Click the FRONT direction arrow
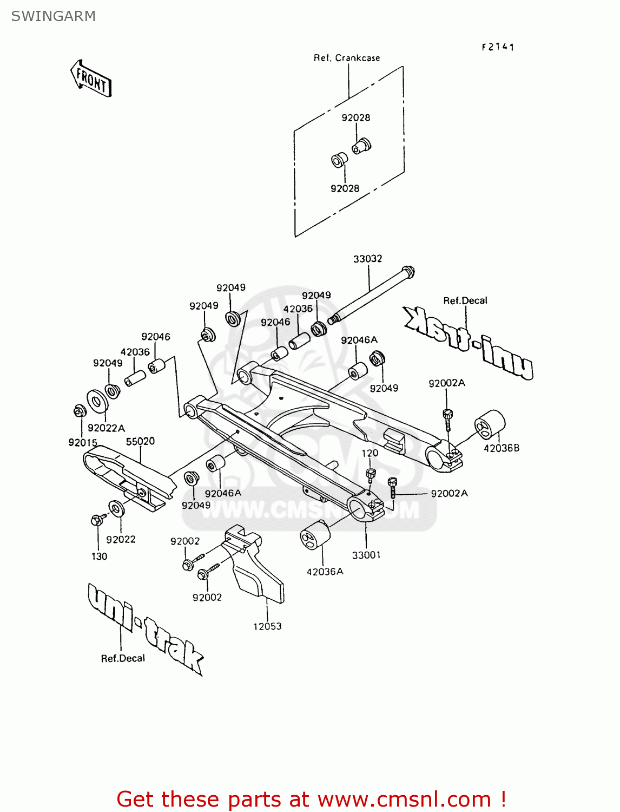(91, 79)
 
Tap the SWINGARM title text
(53, 16)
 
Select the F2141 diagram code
(498, 47)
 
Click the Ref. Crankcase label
(347, 58)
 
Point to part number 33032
(367, 259)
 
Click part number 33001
(366, 555)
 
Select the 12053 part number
(267, 626)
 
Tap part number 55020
(140, 441)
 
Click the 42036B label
(501, 448)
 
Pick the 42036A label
(325, 572)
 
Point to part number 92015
(83, 442)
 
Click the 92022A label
(106, 428)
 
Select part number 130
(99, 556)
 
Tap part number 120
(370, 453)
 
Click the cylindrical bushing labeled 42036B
(490, 424)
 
